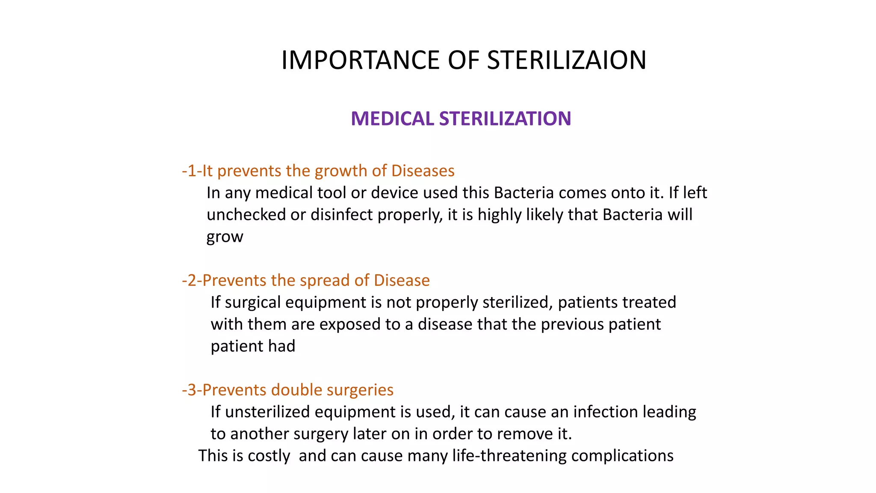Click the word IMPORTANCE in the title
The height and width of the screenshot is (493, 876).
[360, 60]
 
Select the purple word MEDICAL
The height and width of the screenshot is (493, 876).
[392, 119]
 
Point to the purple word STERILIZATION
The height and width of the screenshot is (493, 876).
[505, 119]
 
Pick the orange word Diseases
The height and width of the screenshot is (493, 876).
[423, 171]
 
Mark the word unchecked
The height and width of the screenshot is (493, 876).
[246, 214]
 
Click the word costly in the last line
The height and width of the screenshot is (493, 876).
[269, 456]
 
